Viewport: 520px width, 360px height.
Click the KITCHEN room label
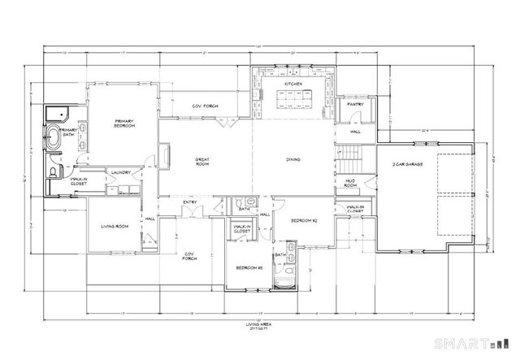293,84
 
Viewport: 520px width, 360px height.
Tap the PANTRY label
355,105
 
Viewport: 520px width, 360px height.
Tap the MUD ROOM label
352,183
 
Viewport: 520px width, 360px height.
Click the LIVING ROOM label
115,227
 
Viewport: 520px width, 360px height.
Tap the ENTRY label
189,202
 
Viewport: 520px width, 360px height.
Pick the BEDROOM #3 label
248,267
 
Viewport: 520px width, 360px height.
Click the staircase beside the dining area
349,153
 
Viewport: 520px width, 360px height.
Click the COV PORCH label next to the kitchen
204,106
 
